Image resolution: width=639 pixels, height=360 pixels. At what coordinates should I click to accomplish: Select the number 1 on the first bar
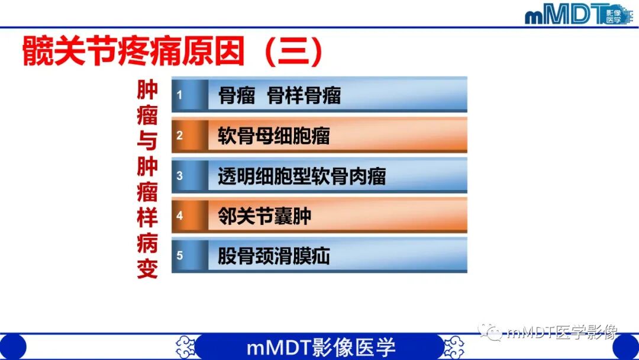pos(180,95)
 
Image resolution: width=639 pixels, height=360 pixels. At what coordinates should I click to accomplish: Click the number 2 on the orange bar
pos(180,136)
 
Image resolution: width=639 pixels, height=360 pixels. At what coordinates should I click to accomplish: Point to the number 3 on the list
pos(180,176)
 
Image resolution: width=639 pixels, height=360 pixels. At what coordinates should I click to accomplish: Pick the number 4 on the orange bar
pos(180,216)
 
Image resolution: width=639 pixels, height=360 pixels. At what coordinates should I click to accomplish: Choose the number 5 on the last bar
pos(180,256)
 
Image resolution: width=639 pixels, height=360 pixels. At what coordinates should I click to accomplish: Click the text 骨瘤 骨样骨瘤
pos(280,95)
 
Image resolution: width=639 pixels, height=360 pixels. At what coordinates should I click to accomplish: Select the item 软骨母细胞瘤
pos(273,136)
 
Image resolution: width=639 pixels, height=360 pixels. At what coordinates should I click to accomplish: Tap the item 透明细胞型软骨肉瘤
pos(302,176)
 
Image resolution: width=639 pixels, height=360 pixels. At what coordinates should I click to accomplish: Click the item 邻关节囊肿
pos(264,217)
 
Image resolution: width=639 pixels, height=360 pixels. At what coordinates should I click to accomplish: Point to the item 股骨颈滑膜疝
pos(273,256)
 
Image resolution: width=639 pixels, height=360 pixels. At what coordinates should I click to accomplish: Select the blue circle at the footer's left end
pos(12,347)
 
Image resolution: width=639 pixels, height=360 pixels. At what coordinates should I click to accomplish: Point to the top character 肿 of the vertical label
pos(147,91)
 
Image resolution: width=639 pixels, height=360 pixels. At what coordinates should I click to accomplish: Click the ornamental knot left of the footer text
pos(186,347)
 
